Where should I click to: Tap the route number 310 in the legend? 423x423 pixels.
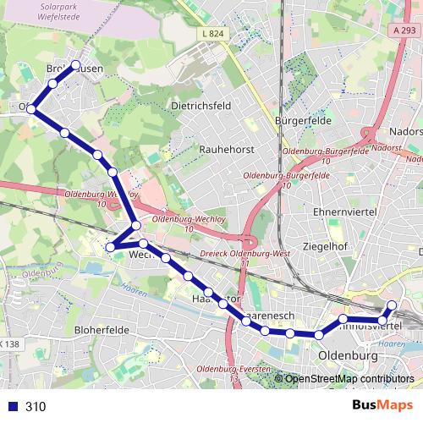click(36, 407)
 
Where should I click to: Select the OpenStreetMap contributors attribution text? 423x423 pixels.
click(349, 379)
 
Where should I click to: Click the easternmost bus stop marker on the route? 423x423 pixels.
click(392, 305)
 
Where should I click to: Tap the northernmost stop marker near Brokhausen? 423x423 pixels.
click(75, 65)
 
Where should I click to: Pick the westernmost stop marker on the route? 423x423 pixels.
click(31, 108)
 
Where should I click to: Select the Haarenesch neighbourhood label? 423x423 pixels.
click(269, 316)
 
